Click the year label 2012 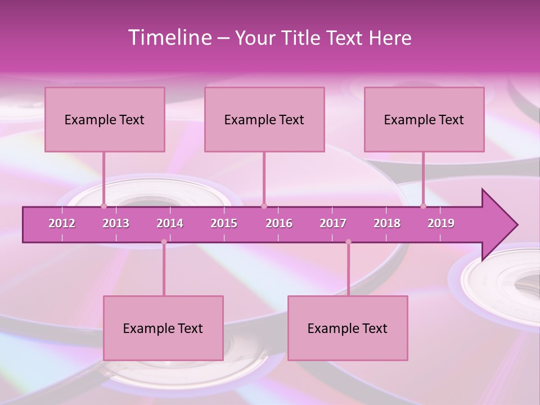(x=62, y=223)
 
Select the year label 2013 (x=116, y=223)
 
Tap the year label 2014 (x=170, y=223)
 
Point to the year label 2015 (x=224, y=223)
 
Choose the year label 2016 (x=279, y=223)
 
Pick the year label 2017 (x=333, y=223)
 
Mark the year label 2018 (x=387, y=223)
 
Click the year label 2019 (x=441, y=223)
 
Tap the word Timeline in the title (x=169, y=38)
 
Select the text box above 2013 (x=105, y=119)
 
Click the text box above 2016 (x=264, y=119)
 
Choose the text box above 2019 (x=424, y=119)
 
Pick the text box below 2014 (x=163, y=328)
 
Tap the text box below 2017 (x=348, y=328)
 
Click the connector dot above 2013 (x=103, y=206)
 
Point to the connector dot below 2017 (x=348, y=242)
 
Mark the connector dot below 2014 (x=164, y=242)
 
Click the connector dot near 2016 (x=264, y=206)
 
